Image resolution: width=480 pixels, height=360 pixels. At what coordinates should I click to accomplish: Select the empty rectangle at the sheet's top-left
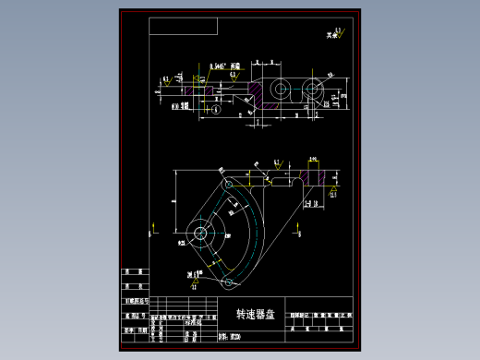coord(183,27)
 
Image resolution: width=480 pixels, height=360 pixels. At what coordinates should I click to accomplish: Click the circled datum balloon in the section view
coord(215,109)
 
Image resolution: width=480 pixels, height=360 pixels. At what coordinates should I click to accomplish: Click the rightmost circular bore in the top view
coord(312,90)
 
